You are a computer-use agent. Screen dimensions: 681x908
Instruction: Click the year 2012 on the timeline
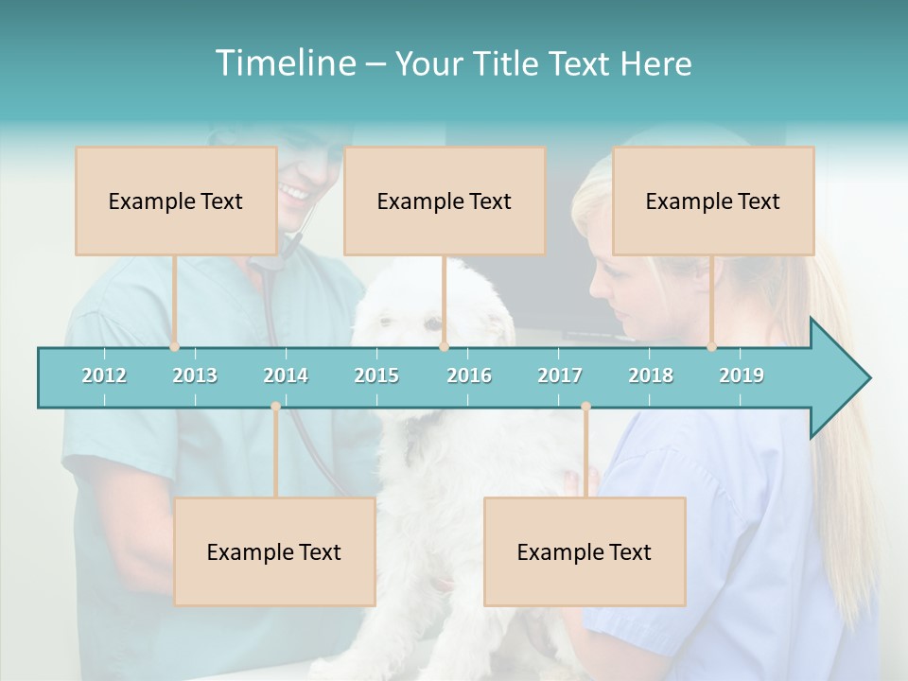(x=104, y=375)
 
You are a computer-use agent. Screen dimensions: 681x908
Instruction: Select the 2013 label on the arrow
(x=195, y=375)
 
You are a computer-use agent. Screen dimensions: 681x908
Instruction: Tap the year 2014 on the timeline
(x=286, y=375)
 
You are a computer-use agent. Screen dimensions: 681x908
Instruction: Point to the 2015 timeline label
(x=376, y=375)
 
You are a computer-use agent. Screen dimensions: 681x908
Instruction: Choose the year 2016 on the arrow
(x=469, y=375)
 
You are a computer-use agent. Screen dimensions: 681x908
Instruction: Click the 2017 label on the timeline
(x=560, y=375)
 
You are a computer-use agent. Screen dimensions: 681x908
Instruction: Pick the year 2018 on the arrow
(x=651, y=375)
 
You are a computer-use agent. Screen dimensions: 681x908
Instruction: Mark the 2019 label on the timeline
(x=742, y=375)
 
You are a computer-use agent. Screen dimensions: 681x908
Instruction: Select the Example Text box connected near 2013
(x=176, y=201)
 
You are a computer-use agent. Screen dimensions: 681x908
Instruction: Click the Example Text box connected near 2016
(x=445, y=201)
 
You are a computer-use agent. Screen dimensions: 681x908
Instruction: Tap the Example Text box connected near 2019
(x=713, y=201)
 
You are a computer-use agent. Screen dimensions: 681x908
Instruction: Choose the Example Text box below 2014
(x=274, y=551)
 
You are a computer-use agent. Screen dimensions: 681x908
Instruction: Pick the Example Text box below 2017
(x=585, y=551)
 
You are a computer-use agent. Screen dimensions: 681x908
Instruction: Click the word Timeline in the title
(x=284, y=63)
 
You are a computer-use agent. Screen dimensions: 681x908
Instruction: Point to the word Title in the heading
(x=510, y=63)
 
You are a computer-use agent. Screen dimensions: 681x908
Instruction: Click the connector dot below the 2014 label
(x=275, y=406)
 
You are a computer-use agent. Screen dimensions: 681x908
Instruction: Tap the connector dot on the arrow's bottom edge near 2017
(x=585, y=406)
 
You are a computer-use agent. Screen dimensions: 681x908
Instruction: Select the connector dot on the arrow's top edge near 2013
(x=174, y=346)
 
